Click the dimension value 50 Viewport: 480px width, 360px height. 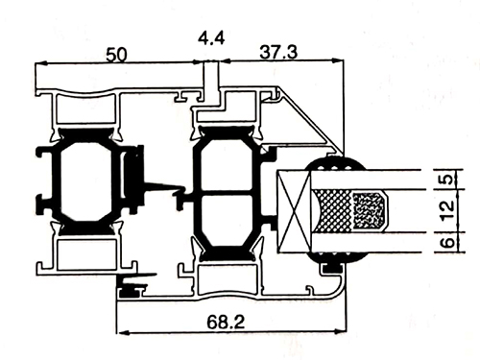click(116, 55)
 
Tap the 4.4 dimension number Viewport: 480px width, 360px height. click(211, 37)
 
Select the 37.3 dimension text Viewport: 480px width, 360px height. click(278, 52)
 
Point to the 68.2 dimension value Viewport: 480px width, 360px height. click(226, 322)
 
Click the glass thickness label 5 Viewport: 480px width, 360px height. click(449, 179)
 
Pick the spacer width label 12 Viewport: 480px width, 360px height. click(448, 210)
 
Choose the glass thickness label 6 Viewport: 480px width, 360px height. click(448, 242)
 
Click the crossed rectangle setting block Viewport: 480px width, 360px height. click(294, 211)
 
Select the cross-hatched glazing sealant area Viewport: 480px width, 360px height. click(333, 210)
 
